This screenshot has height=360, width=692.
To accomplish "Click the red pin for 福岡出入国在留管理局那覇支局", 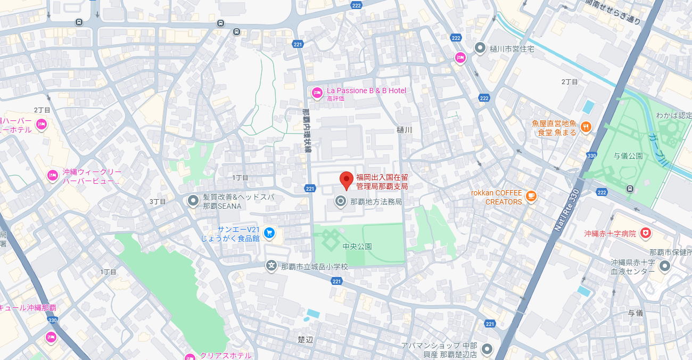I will [x=347, y=180].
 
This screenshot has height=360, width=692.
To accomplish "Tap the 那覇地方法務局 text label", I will [x=376, y=202].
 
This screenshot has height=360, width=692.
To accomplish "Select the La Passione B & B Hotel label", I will [x=366, y=91].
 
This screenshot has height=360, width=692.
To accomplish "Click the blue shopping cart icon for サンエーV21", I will [x=269, y=233].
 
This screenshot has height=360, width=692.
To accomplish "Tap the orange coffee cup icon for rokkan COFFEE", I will [x=531, y=196].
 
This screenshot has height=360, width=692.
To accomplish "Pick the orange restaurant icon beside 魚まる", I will [x=586, y=127].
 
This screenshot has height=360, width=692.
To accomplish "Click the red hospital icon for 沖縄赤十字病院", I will [x=646, y=233].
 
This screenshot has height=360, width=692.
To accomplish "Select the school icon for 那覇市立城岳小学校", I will [x=271, y=265].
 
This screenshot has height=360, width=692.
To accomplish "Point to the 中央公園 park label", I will [x=357, y=247].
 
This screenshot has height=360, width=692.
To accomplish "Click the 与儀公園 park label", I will [x=628, y=156].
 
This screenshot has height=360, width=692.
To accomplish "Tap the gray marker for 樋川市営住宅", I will [x=480, y=48].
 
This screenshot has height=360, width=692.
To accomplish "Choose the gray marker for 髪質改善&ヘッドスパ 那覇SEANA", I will [x=193, y=201].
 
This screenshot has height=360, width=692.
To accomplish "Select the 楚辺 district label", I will [x=305, y=339].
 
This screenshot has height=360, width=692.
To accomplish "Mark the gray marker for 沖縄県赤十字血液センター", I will [x=664, y=266].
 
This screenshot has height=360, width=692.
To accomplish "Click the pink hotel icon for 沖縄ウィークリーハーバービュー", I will [x=52, y=175].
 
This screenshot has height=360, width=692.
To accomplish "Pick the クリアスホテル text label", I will [x=225, y=355].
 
